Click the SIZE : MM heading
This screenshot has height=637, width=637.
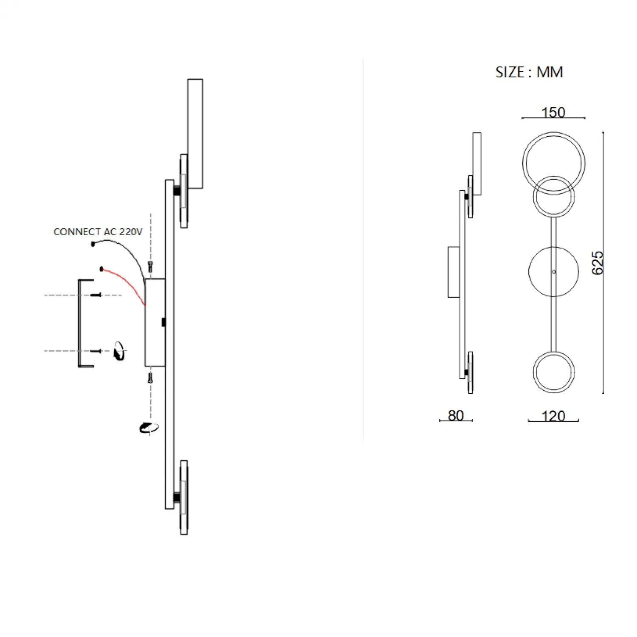coord(529,72)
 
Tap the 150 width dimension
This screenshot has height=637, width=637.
coord(553,113)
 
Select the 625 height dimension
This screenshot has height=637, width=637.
coord(597,263)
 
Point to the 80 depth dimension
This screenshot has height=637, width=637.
coord(456,415)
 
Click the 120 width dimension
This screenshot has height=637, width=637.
coord(553,416)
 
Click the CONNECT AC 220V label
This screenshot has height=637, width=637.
coord(98,232)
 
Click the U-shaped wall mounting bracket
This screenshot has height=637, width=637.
coord(79,323)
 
